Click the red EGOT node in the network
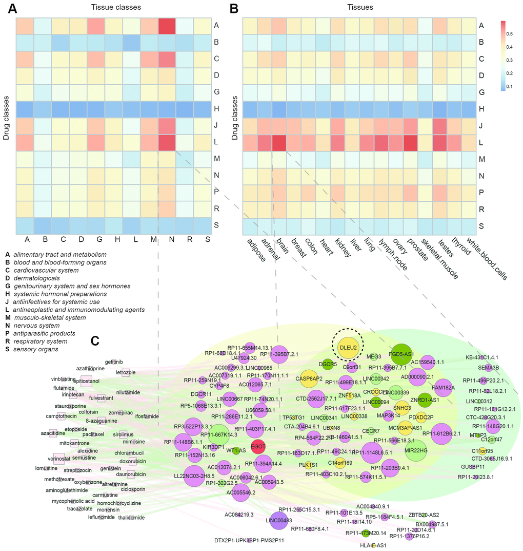(x=258, y=447)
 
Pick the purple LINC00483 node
(x=279, y=520)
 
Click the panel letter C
(x=94, y=340)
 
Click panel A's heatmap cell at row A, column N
(x=166, y=25)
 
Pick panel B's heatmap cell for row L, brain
(x=279, y=142)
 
